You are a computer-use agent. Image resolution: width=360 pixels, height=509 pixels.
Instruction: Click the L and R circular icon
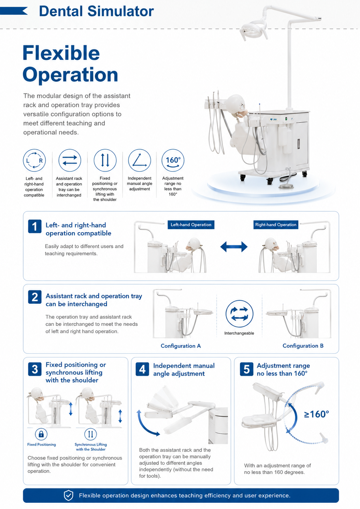(34, 160)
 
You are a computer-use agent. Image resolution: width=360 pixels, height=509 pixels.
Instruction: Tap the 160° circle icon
(173, 160)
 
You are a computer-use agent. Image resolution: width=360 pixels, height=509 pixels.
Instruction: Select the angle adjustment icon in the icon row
(140, 160)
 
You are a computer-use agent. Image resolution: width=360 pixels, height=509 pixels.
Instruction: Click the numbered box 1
(35, 226)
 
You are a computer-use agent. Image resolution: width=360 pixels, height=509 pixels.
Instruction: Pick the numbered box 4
(142, 369)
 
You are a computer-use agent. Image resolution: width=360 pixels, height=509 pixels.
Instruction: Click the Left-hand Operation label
(191, 225)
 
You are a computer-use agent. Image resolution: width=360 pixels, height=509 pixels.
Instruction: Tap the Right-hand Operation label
(276, 225)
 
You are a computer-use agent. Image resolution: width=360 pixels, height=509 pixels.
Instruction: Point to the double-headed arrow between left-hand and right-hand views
(234, 247)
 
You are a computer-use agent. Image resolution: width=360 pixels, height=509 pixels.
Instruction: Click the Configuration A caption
(181, 346)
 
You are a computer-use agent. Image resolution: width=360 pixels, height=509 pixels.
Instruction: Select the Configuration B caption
(303, 345)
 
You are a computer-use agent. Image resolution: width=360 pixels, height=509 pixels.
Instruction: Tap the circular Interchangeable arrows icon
(239, 314)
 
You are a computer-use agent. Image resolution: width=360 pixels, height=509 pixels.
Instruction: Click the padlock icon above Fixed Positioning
(41, 434)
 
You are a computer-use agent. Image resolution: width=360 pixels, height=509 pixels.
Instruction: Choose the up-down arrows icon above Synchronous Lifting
(90, 434)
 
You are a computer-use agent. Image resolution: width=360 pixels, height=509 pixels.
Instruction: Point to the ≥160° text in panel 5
(316, 414)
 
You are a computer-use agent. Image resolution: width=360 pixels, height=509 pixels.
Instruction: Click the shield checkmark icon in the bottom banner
(68, 495)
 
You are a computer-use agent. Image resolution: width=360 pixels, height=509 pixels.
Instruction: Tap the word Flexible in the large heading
(61, 53)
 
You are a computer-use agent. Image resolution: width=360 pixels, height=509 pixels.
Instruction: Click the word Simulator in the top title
(120, 11)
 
